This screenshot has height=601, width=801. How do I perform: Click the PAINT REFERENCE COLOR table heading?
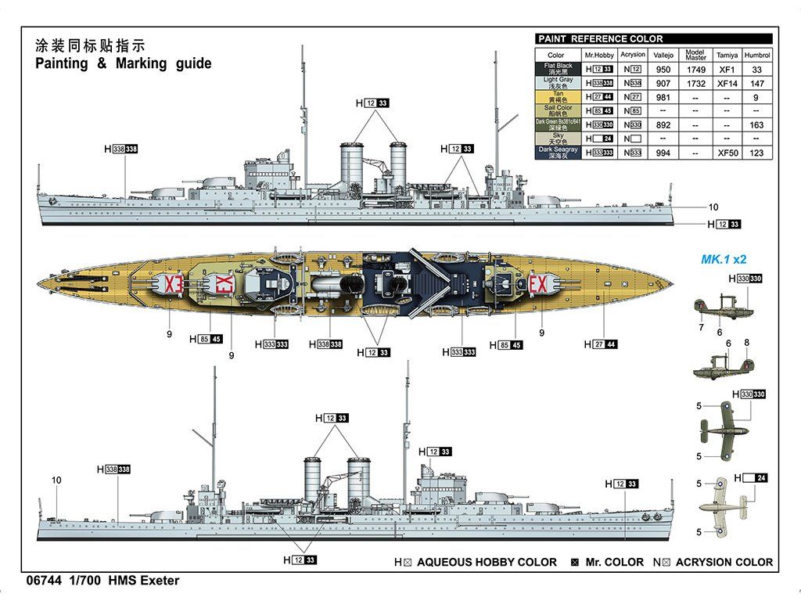(x=600, y=38)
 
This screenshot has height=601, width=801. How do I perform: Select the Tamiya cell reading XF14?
(x=727, y=83)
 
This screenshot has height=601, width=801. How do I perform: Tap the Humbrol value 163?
(x=756, y=124)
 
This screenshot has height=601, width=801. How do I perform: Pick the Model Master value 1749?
(x=695, y=69)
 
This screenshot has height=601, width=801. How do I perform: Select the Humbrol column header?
(x=756, y=55)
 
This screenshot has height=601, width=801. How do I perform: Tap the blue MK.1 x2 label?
(x=724, y=259)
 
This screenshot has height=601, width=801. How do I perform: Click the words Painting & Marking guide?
(x=124, y=63)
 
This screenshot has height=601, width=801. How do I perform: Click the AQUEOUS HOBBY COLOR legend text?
(x=487, y=562)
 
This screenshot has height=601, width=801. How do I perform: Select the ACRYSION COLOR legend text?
(x=724, y=562)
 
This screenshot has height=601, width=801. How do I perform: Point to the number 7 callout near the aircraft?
(x=702, y=328)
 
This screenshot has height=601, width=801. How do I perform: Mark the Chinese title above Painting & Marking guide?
(x=91, y=45)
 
